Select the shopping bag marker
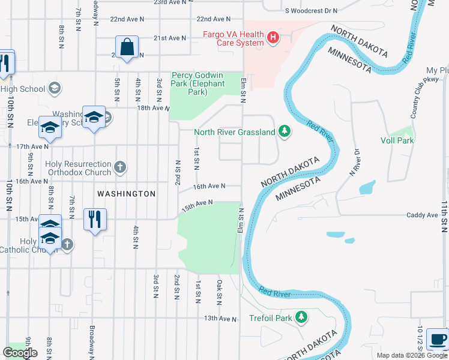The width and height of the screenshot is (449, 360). (127, 48)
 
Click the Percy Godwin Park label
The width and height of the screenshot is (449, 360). (198, 84)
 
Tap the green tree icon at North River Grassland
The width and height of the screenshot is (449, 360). (285, 131)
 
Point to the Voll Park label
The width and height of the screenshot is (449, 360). (397, 140)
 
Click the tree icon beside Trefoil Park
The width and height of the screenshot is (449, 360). (302, 317)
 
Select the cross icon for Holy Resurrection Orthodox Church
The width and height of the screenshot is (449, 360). (120, 167)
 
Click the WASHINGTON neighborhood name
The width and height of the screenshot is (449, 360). (127, 194)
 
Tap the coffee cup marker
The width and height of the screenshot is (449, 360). (438, 339)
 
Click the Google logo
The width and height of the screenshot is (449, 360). (20, 353)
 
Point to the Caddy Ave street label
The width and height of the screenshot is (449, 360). (423, 215)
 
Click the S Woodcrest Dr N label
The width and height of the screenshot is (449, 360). (312, 11)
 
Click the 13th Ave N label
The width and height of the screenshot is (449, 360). (220, 319)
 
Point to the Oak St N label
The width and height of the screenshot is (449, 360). (220, 292)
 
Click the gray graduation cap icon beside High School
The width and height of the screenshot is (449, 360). (55, 89)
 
